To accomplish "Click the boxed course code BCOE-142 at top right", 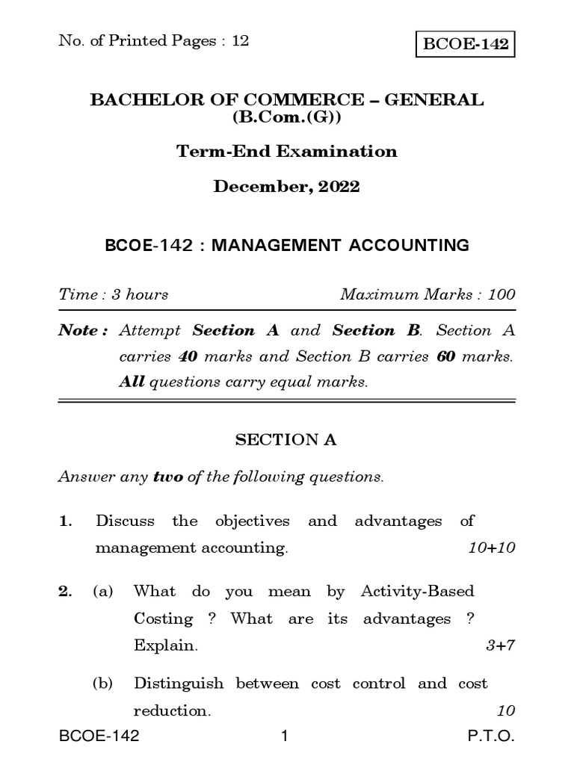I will click(x=466, y=44).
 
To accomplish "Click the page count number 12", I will click(x=240, y=41).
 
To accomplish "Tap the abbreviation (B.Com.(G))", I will click(x=287, y=118).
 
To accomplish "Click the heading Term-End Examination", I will click(x=287, y=152).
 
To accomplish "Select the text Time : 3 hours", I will click(x=114, y=294).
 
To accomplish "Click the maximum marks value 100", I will click(x=501, y=294).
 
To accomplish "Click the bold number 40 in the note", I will click(x=187, y=356).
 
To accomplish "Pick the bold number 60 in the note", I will click(x=445, y=356).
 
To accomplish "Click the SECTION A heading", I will click(x=286, y=440).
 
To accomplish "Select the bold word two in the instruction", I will click(x=168, y=477).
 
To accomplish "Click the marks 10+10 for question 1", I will click(x=492, y=548).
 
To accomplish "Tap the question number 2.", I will click(x=64, y=592).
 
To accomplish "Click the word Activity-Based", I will click(x=417, y=592).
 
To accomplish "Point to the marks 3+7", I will click(x=500, y=646).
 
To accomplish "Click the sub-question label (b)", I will click(x=103, y=684).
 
